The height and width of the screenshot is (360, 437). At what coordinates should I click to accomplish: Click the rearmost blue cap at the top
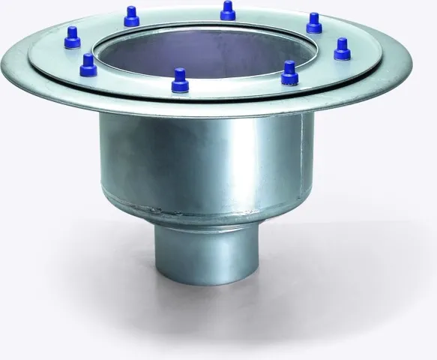[228, 10]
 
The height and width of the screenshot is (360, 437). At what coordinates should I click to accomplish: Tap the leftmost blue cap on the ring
[73, 37]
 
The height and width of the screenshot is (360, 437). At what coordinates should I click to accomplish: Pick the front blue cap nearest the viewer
[179, 80]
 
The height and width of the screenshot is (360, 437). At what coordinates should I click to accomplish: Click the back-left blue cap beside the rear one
[132, 16]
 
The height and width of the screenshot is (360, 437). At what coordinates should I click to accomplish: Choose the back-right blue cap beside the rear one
[314, 23]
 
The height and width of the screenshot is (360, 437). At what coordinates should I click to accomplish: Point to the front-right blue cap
[290, 73]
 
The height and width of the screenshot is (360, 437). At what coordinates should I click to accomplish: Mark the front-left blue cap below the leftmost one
[88, 65]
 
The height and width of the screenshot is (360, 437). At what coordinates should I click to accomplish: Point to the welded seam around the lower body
[202, 212]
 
